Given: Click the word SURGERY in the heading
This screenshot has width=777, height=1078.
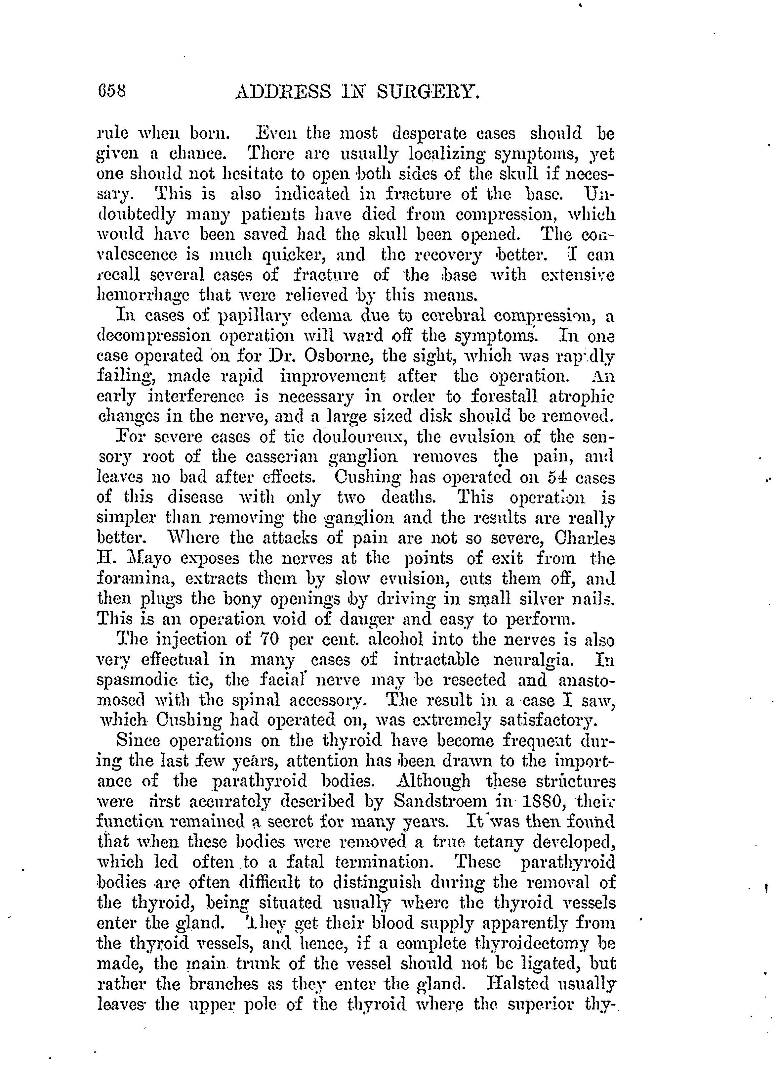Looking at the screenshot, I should coord(428,90).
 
